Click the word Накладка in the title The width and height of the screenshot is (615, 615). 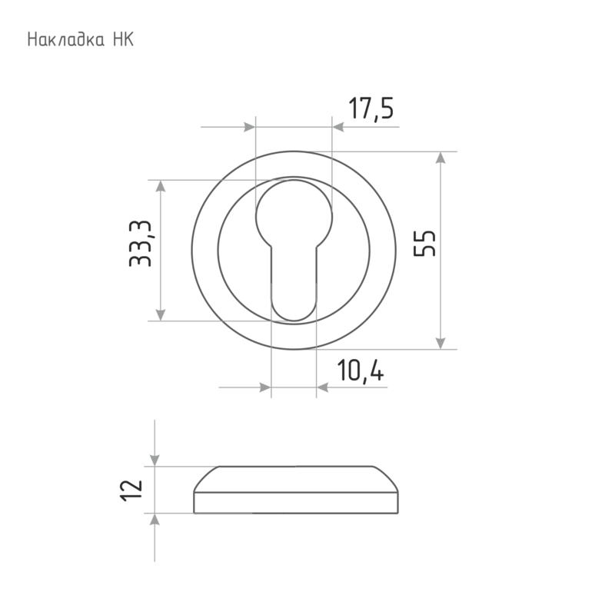tap(66, 40)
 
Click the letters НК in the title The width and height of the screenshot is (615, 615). tap(124, 40)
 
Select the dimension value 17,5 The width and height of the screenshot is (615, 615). tap(371, 108)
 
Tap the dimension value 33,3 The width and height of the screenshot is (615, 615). tap(140, 244)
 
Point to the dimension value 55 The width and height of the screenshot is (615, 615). tap(425, 244)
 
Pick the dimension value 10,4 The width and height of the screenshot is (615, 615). tap(361, 371)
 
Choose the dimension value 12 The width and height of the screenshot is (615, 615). tap(131, 490)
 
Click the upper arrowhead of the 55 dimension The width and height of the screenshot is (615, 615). tap(440, 158)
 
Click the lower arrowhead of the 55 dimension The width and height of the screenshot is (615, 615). tap(440, 343)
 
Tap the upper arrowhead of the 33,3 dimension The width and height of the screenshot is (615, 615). tap(160, 186)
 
